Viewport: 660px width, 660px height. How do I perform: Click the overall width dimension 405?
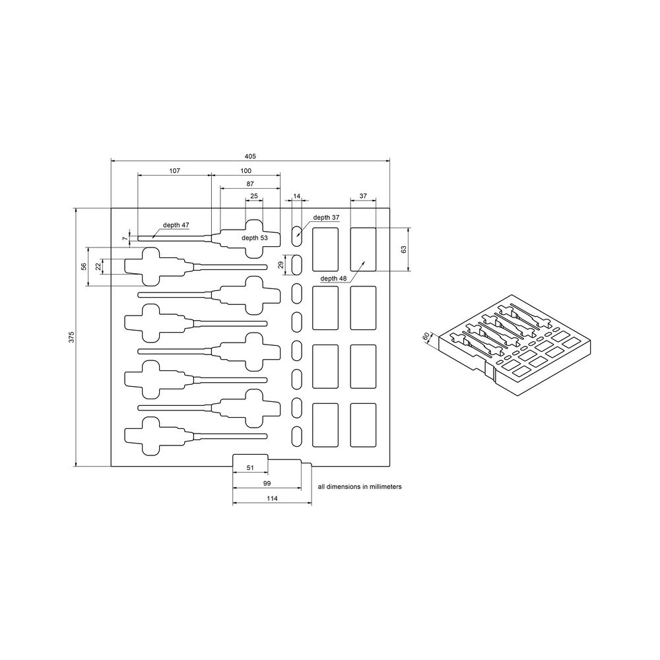(249, 156)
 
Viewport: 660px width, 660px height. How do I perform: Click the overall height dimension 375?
(71, 337)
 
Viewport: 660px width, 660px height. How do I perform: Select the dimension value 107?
(174, 170)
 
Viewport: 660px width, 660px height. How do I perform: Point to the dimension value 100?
(245, 170)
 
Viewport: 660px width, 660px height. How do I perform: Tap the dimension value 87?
(249, 183)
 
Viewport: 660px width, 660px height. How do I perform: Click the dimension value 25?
(253, 196)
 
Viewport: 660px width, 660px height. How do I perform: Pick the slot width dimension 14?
(296, 196)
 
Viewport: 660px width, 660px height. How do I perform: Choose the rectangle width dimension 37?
(363, 196)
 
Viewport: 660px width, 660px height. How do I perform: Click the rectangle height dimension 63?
(404, 249)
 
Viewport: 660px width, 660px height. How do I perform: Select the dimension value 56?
(84, 266)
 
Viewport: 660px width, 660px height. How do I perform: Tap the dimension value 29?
(280, 264)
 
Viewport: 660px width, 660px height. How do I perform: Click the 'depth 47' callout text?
(176, 225)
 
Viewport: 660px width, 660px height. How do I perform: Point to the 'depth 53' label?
(255, 238)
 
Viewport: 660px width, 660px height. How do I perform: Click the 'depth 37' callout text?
(326, 217)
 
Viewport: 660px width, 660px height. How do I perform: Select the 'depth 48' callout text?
(333, 279)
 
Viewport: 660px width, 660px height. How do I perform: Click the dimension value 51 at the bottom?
(250, 467)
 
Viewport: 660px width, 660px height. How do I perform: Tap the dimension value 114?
(271, 500)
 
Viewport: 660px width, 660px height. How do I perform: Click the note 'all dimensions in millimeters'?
(360, 486)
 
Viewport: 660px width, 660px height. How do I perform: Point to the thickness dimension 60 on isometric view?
(426, 336)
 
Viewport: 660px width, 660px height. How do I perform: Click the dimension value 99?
(267, 484)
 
